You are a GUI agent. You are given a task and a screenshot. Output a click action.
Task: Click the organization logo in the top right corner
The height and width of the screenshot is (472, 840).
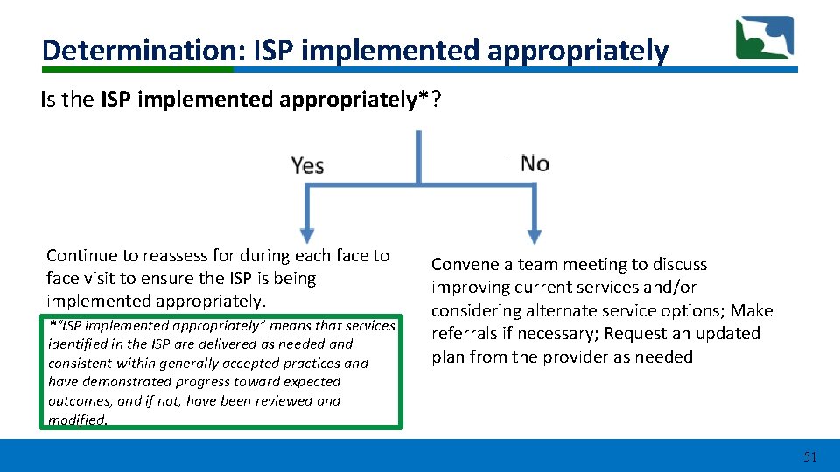[x=764, y=38]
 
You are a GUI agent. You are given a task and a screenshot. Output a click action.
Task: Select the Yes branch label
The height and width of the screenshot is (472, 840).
[x=308, y=165]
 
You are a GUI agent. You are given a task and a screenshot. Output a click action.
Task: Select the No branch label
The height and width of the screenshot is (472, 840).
[x=535, y=163]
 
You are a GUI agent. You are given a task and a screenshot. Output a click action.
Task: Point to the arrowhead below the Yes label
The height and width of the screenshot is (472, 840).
[x=306, y=235]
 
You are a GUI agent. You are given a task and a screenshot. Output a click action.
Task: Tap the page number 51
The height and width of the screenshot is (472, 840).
[x=809, y=456]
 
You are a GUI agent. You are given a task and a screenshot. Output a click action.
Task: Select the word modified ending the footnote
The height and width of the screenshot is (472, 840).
[x=78, y=420]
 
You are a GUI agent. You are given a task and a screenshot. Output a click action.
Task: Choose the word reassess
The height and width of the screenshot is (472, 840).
[x=178, y=256]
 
